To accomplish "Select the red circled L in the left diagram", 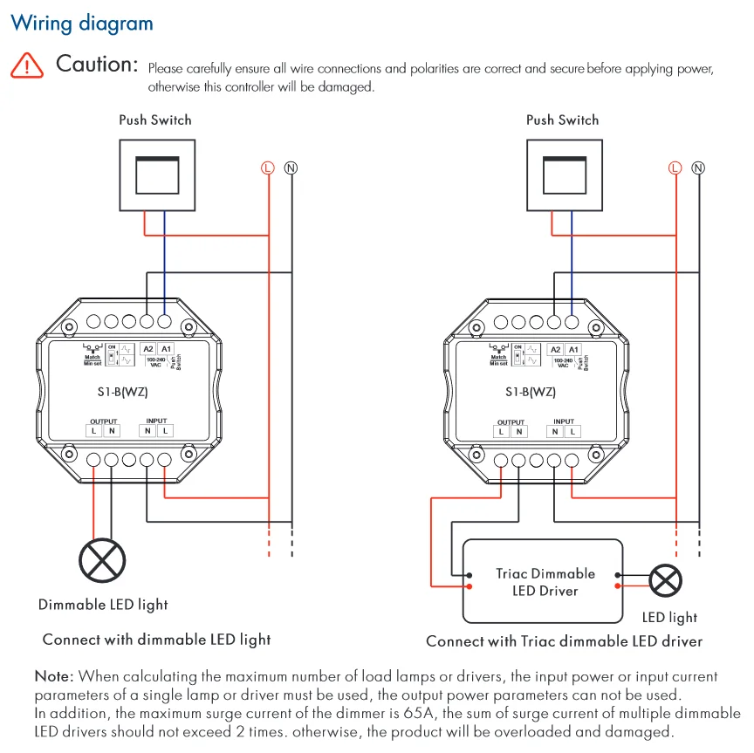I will (268, 168).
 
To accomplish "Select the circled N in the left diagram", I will (291, 168).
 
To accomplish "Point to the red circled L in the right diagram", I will (675, 168).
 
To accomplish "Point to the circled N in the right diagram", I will (698, 168).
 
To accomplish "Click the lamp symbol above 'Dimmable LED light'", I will (102, 558).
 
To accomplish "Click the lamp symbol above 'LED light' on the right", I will (667, 580).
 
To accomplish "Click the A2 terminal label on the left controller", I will (148, 348).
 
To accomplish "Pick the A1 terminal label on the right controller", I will (573, 349).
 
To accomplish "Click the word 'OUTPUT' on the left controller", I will (103, 421).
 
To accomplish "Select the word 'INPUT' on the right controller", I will (564, 421).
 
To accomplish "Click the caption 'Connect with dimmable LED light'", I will (156, 640).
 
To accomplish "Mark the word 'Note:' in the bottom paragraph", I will (54, 676).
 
